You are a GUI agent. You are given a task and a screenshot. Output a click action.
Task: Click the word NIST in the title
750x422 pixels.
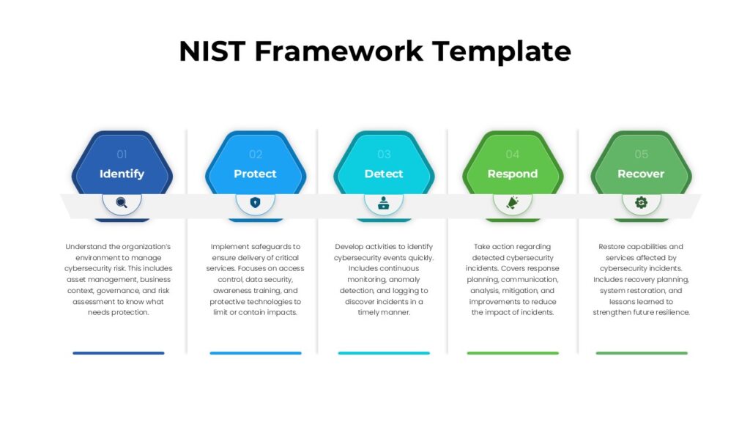pos(212,51)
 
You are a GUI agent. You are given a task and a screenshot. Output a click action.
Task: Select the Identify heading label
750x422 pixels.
pos(122,174)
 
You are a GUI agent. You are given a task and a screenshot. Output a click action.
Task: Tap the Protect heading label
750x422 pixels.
pos(255,174)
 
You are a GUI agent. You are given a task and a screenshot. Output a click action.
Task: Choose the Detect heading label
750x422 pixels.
pos(384,174)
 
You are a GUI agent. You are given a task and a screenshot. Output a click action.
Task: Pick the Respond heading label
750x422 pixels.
pos(512,174)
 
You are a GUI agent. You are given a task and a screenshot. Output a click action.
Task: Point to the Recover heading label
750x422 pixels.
pos(641,174)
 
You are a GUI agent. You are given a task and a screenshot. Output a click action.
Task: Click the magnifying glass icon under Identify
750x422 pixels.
pos(122,203)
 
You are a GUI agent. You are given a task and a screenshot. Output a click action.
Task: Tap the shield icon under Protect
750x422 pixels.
pos(255,202)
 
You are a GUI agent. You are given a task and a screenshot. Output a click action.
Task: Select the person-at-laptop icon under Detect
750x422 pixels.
pos(384,203)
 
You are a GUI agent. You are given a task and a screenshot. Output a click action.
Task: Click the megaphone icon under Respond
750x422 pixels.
pos(512,203)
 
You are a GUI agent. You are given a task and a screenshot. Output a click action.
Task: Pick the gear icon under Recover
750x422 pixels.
pos(641,203)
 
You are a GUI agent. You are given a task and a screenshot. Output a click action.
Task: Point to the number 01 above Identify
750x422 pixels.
pos(122,154)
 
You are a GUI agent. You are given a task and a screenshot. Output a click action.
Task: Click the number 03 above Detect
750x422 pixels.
pos(384,154)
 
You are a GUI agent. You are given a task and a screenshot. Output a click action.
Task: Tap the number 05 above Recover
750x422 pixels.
pos(642,154)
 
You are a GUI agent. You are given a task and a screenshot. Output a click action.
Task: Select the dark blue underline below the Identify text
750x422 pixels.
pos(119,353)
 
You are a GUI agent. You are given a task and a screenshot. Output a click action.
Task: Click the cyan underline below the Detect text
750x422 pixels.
pos(384,353)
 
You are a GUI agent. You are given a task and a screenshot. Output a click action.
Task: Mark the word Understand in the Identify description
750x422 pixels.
pos(86,247)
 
